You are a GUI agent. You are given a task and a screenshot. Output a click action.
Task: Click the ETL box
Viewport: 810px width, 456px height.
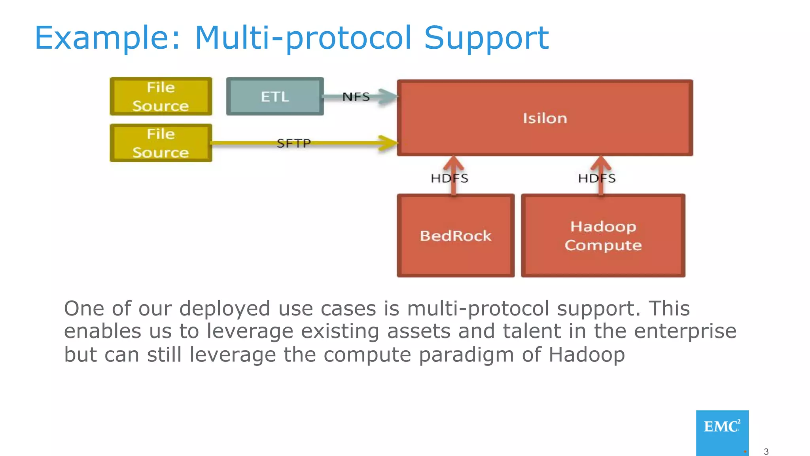click(275, 96)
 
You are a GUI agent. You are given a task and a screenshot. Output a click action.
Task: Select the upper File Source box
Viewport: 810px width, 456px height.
click(161, 96)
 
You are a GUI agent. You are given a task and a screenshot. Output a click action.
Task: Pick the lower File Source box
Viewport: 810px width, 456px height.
click(161, 143)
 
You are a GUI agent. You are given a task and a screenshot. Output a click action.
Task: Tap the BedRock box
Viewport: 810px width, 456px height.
click(456, 236)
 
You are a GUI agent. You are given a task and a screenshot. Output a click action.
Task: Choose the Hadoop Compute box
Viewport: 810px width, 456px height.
click(603, 236)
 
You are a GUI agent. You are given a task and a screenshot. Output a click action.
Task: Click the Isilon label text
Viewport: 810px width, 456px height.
click(545, 118)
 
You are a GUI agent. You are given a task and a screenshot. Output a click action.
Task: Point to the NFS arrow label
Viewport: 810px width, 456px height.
click(356, 97)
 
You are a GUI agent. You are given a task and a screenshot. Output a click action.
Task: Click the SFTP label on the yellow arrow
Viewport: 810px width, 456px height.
click(293, 143)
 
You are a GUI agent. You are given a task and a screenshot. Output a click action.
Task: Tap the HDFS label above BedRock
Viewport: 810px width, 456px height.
click(449, 178)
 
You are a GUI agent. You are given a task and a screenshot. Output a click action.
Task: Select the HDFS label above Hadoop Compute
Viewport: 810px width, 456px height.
click(596, 178)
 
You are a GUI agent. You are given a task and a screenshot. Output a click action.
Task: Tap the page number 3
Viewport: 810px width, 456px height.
click(766, 452)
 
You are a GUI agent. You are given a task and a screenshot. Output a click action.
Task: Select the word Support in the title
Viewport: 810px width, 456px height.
click(486, 38)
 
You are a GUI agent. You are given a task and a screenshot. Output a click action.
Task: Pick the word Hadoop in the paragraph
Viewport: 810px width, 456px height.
click(587, 354)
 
